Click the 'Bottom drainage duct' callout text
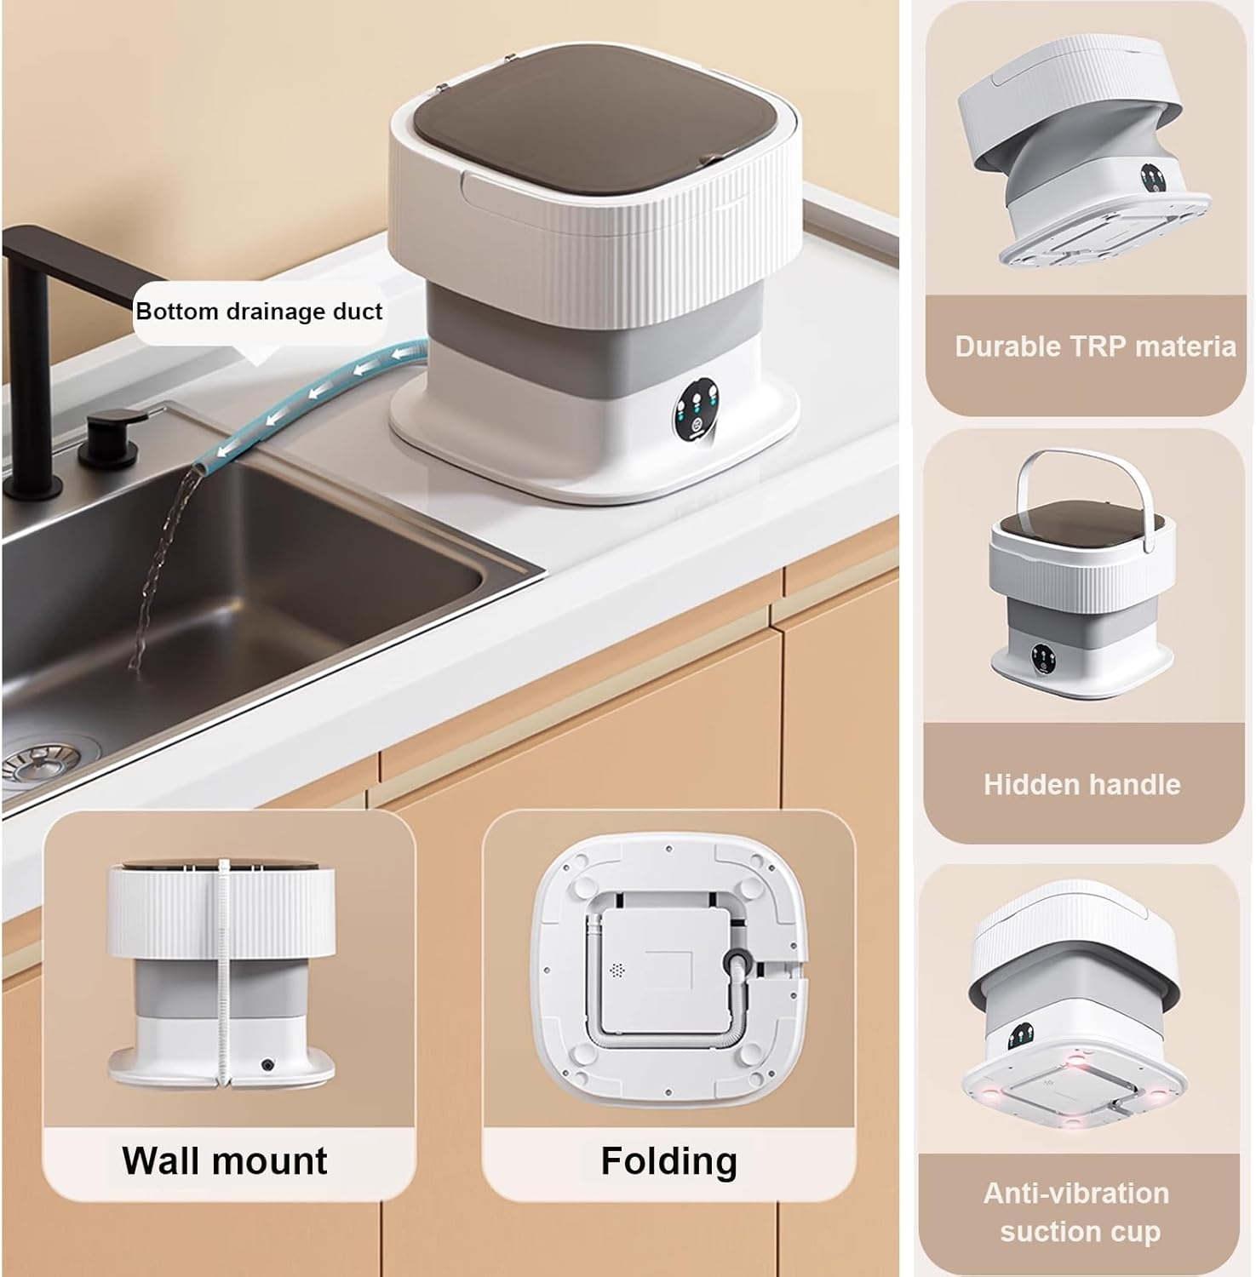pos(259,312)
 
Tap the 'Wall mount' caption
pos(225,1160)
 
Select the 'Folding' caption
pos(669,1162)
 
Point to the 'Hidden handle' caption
pos(1081,784)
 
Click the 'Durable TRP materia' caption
pos(1095,346)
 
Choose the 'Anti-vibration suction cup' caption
pos(1078,1212)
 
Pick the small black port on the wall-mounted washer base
pos(268,1064)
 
